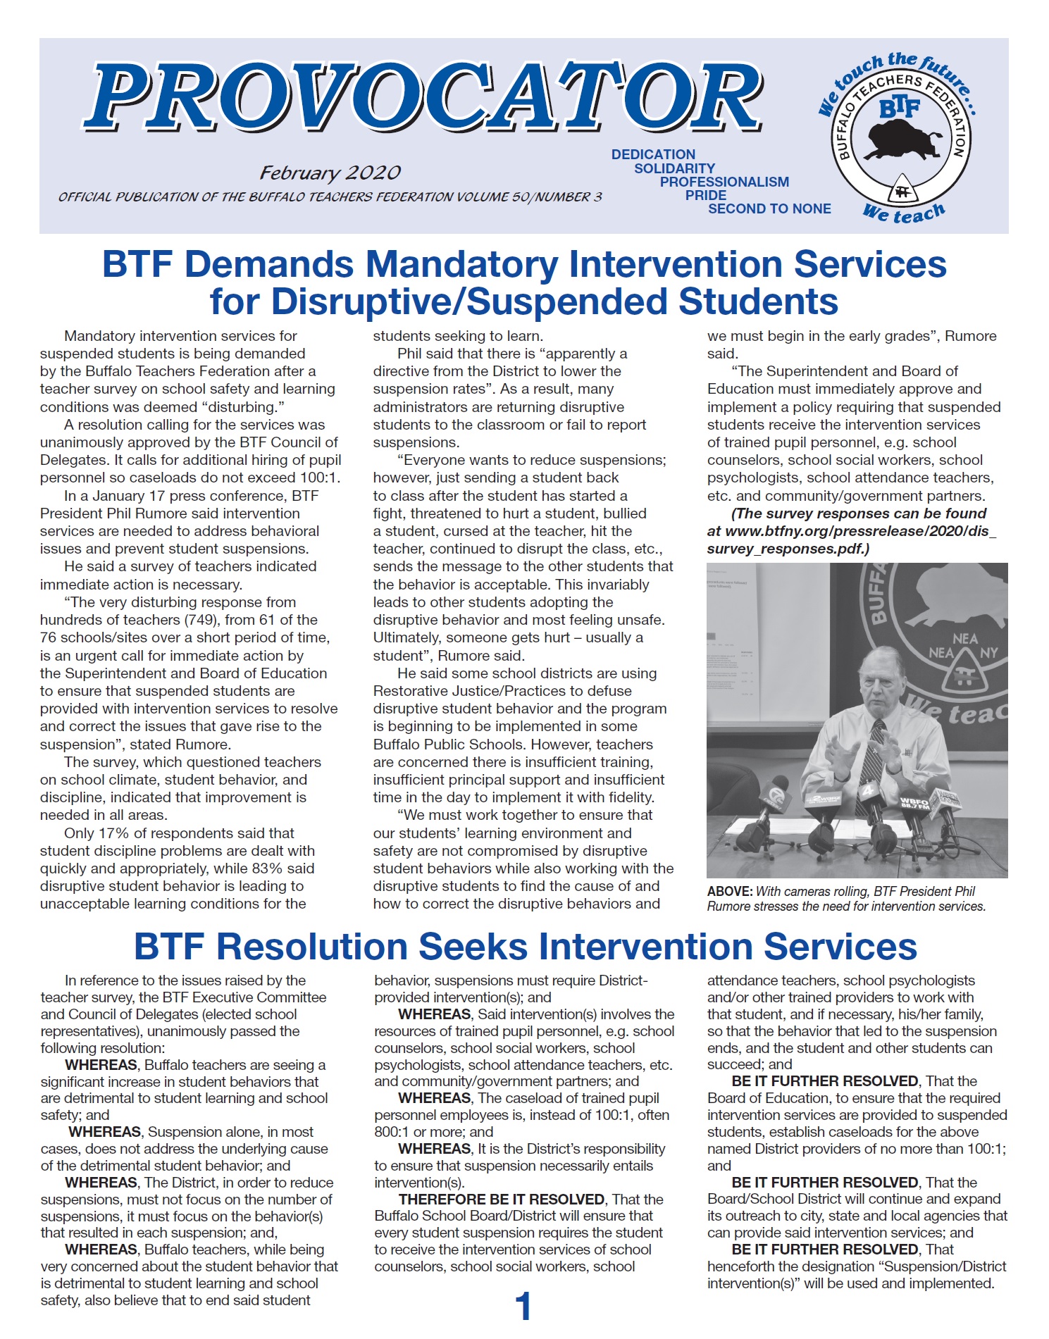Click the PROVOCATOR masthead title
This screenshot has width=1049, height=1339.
423,99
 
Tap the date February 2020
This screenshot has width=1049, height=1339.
330,173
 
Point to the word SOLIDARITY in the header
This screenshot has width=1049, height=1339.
674,168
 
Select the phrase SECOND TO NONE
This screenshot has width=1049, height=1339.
769,208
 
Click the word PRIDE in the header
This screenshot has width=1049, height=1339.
705,195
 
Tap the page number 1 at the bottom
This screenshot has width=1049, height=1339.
523,1307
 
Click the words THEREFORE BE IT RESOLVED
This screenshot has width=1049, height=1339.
502,1199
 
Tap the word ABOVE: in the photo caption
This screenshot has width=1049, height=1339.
730,892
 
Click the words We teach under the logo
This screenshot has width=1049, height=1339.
904,213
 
